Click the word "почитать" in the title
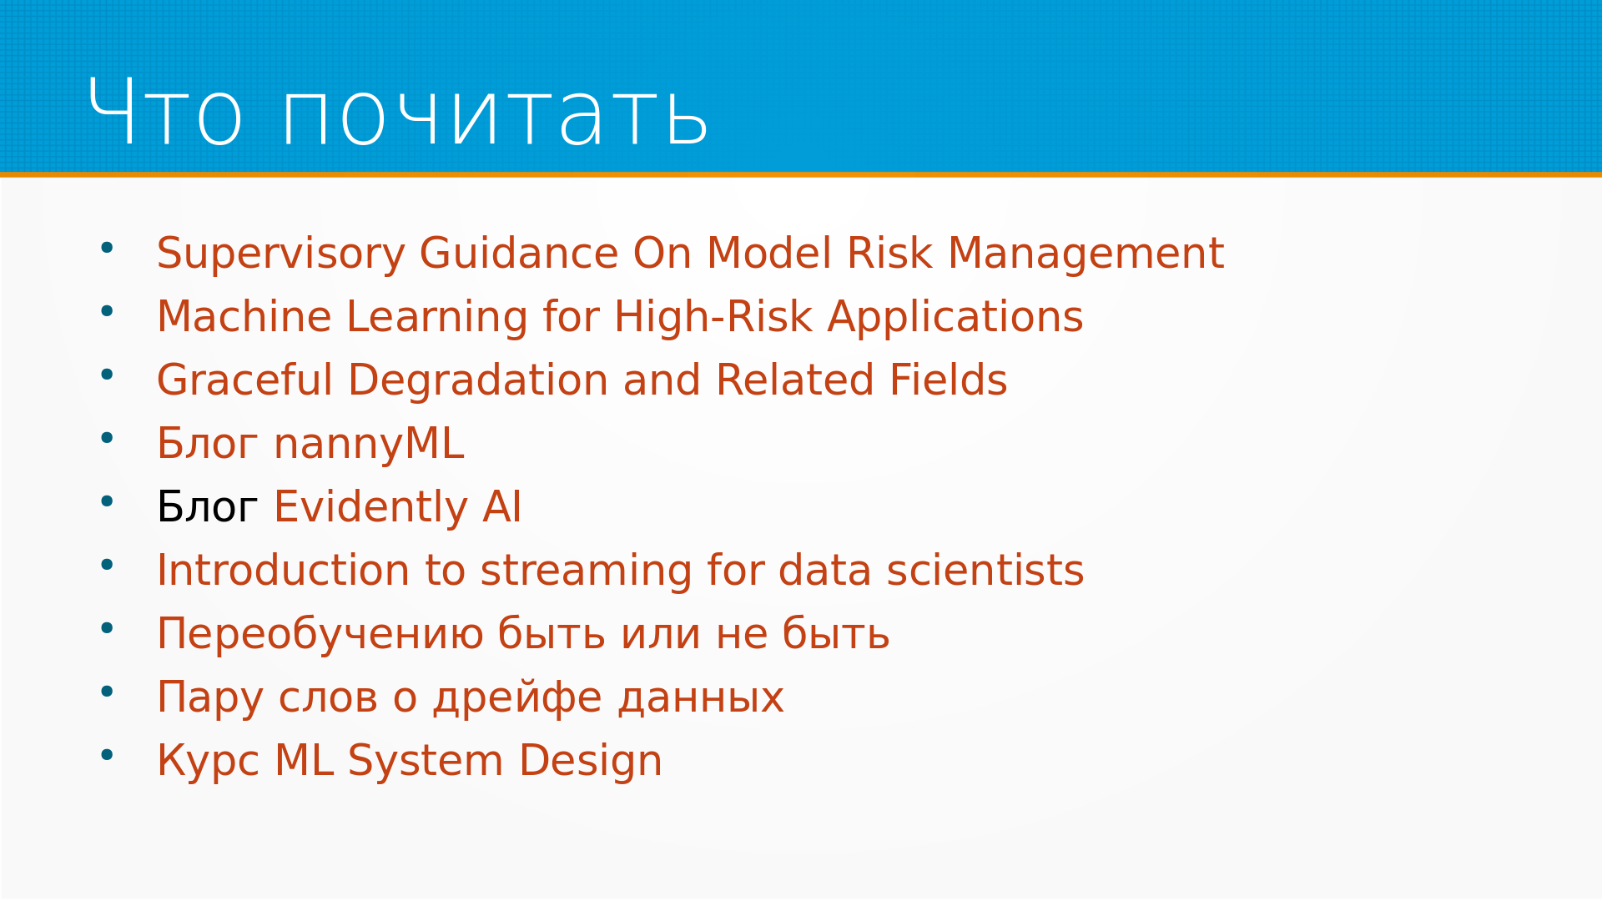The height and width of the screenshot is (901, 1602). coord(496,113)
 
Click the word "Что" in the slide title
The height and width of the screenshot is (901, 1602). coord(165,113)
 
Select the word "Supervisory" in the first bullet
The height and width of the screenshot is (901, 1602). coord(280,254)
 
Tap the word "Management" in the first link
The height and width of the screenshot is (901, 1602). coord(1086,254)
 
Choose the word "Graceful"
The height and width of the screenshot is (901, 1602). coord(245,380)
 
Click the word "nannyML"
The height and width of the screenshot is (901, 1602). coord(369,445)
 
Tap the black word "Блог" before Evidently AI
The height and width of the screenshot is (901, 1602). coord(207,507)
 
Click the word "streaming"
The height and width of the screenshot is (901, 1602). coord(587,571)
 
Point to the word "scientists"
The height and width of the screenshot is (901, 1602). coord(985,571)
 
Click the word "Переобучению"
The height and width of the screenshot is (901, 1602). coord(320,635)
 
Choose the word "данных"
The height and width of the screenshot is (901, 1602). coord(701,698)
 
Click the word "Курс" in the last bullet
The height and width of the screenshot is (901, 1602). coord(208,762)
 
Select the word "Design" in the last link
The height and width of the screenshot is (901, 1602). coord(591,762)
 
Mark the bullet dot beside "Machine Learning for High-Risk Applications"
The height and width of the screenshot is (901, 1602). coord(107,311)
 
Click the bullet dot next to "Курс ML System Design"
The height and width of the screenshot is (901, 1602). coord(107,755)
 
